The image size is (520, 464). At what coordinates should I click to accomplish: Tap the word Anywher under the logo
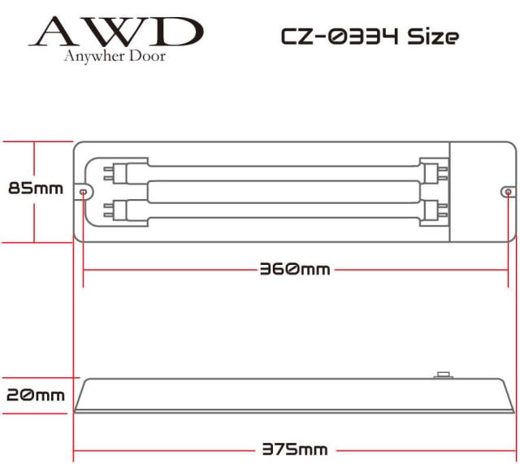(x=94, y=56)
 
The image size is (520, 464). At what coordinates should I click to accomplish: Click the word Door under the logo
(x=147, y=55)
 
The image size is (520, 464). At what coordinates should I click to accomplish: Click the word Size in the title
(x=433, y=36)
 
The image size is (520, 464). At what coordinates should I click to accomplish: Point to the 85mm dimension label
(x=36, y=189)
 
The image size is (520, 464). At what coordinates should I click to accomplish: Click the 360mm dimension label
(x=295, y=269)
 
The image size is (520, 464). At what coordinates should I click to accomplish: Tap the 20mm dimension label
(x=36, y=395)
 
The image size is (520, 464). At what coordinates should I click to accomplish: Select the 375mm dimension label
(x=295, y=449)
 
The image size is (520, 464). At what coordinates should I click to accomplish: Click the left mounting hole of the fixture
(x=83, y=192)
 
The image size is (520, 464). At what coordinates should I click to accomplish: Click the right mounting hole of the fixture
(x=508, y=192)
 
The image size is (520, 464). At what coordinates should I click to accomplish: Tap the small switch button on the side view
(x=444, y=375)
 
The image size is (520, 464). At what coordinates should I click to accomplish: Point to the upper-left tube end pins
(x=108, y=173)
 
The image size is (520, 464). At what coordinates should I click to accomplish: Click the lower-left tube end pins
(x=108, y=210)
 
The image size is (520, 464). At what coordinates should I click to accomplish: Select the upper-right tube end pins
(x=443, y=173)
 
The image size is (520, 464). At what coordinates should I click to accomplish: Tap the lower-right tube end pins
(x=443, y=210)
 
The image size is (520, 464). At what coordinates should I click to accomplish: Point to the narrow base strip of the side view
(x=294, y=411)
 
